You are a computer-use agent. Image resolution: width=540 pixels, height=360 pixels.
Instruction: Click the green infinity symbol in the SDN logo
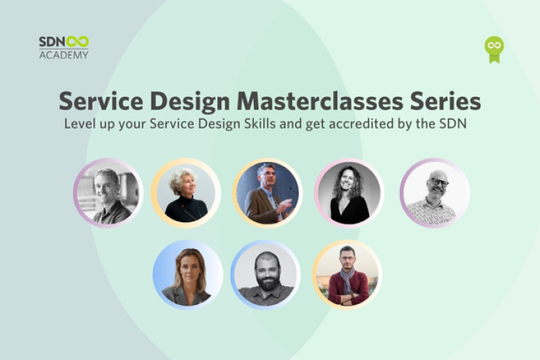click(78, 41)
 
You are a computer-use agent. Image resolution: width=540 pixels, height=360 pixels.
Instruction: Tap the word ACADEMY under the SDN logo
click(64, 55)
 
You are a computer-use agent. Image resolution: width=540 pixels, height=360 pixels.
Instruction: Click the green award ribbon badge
click(494, 49)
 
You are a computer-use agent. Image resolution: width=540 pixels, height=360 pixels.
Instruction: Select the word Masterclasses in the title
click(320, 101)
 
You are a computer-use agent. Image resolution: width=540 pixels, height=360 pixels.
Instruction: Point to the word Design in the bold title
click(190, 102)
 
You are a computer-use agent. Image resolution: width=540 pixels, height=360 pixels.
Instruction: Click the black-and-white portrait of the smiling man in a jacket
click(108, 193)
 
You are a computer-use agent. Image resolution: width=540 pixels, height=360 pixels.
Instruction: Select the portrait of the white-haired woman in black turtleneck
click(186, 193)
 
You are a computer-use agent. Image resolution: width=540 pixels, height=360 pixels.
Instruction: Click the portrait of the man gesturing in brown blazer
click(267, 193)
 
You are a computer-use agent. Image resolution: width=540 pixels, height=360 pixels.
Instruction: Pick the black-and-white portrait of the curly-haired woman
click(349, 193)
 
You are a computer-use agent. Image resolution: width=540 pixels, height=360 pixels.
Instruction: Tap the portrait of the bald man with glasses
click(435, 193)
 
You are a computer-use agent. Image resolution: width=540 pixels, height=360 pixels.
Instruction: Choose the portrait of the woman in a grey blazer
click(188, 275)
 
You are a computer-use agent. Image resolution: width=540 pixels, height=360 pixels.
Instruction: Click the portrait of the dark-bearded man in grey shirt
click(266, 275)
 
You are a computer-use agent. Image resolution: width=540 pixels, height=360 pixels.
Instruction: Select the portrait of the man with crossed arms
click(347, 275)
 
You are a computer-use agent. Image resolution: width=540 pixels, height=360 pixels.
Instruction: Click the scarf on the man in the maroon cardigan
click(347, 279)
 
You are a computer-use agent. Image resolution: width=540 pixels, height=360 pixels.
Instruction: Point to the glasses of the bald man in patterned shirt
click(438, 182)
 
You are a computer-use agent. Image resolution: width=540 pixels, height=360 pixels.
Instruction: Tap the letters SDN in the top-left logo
click(52, 42)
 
